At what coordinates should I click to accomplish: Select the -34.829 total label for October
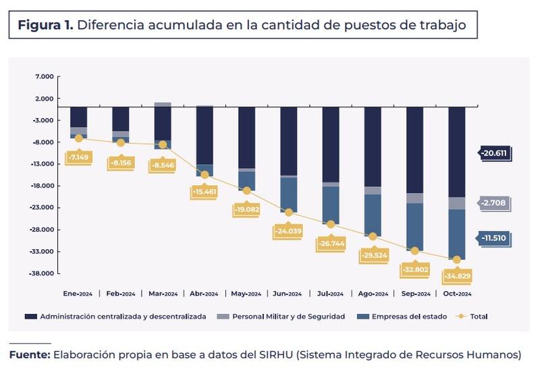[457, 277]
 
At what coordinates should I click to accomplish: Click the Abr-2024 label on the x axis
[205, 294]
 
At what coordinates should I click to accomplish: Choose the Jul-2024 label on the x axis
[330, 294]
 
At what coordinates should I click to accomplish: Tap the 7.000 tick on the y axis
[44, 77]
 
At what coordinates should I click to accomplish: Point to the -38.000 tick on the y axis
[43, 273]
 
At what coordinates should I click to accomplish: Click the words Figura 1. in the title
[45, 26]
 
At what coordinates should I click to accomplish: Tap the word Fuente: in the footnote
[29, 354]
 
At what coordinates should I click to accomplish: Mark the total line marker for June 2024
[289, 212]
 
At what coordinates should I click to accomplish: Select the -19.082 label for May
[246, 210]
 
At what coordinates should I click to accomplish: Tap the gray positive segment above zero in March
[163, 105]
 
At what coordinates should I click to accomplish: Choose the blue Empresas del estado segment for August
[373, 215]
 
